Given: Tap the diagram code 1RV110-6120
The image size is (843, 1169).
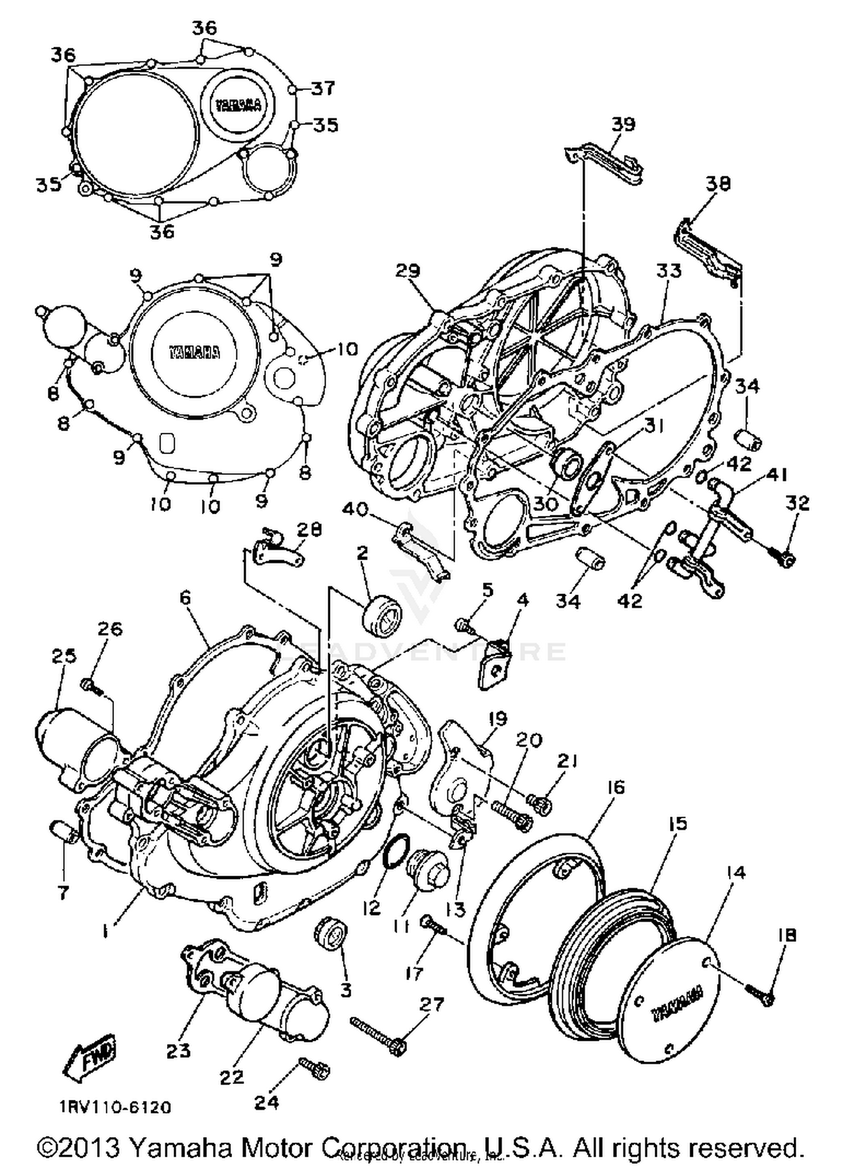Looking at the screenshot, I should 115,1108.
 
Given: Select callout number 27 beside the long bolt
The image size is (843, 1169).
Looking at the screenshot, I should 432,1003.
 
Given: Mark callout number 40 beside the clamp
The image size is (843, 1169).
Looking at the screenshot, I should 355,510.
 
